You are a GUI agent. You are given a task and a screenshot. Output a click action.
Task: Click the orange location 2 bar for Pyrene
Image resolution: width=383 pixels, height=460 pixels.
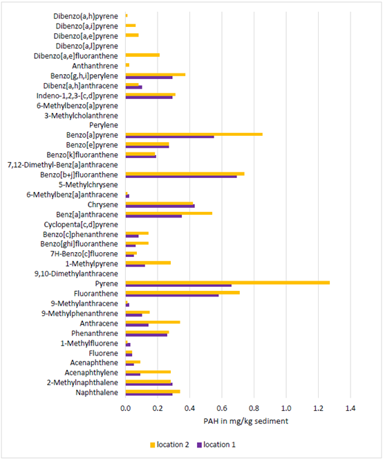(x=227, y=283)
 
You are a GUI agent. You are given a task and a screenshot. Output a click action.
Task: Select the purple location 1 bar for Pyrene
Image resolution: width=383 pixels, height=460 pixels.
(x=178, y=285)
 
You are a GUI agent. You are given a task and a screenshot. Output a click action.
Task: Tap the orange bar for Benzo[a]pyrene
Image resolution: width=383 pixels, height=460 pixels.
(x=194, y=134)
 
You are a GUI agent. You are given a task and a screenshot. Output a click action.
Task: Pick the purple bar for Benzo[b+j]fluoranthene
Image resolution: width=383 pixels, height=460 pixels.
(x=181, y=177)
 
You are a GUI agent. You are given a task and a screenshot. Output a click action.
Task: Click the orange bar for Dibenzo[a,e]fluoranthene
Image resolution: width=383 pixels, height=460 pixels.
(x=142, y=55)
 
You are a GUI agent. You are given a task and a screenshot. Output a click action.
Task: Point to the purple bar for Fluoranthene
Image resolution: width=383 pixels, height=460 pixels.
(x=172, y=295)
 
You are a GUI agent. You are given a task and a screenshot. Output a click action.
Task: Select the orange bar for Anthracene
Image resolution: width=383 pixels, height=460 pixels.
(x=153, y=322)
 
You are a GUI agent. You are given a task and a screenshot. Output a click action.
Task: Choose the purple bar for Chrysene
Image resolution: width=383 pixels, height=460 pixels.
(x=160, y=206)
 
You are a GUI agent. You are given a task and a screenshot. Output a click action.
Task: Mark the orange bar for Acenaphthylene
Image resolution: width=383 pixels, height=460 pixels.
(x=148, y=372)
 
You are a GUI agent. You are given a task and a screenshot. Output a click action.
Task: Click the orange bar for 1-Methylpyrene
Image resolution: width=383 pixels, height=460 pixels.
(x=148, y=263)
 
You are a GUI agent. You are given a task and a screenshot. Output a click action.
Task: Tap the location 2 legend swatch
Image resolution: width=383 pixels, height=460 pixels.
(x=152, y=445)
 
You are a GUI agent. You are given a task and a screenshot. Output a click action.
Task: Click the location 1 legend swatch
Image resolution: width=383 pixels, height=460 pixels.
(x=199, y=445)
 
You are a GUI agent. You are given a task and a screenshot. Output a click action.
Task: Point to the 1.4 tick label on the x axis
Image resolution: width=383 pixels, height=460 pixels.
(x=351, y=408)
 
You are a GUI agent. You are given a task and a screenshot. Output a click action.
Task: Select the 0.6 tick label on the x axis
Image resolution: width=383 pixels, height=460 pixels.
(x=222, y=408)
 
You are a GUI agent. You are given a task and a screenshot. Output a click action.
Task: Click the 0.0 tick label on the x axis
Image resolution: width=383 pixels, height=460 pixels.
(x=125, y=408)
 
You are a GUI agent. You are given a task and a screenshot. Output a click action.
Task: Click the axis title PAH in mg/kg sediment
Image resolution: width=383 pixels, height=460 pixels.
(x=245, y=421)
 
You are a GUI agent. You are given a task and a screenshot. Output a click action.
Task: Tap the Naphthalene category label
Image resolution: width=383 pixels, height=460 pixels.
(x=97, y=393)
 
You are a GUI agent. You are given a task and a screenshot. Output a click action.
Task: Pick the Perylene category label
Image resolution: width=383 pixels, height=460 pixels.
(x=104, y=125)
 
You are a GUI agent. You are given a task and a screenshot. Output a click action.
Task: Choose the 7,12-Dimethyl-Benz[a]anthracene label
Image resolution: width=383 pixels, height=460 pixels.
(x=63, y=165)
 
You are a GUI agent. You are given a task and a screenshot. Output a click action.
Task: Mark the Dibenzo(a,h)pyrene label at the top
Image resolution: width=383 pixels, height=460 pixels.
(x=86, y=16)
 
